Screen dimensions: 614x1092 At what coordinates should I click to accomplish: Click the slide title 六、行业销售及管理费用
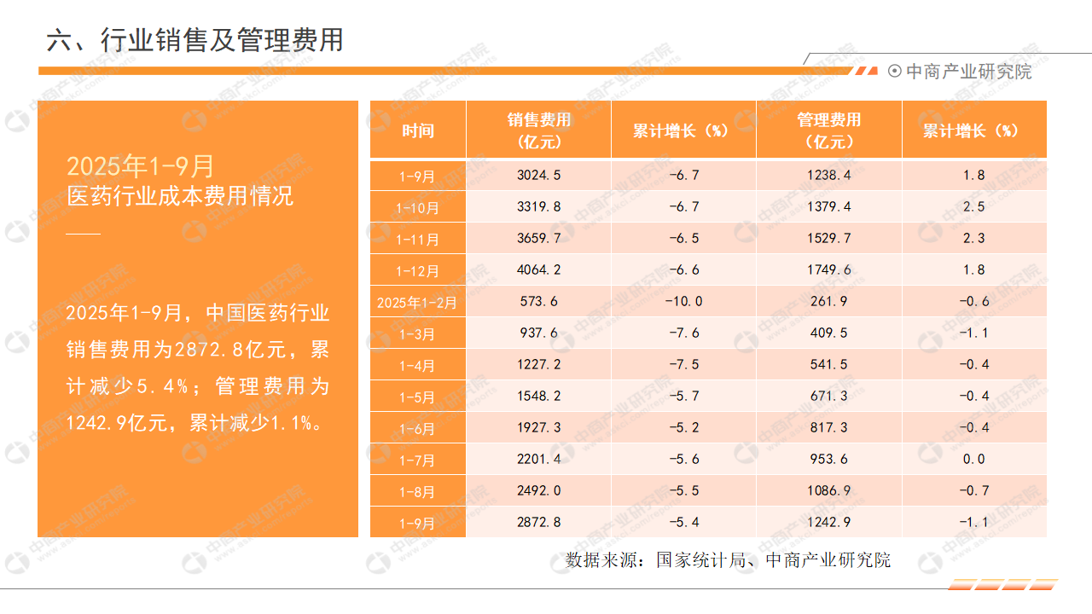pos(195,40)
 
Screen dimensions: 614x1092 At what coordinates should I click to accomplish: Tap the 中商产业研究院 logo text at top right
pos(968,72)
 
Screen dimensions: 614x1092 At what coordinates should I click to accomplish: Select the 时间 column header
pos(418,130)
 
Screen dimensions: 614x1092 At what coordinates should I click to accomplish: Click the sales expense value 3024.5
pos(539,176)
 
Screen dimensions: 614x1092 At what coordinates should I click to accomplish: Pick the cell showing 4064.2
pos(539,270)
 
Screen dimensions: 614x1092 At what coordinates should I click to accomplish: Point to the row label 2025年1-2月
pos(417,302)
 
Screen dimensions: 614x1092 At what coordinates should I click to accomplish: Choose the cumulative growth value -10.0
pos(684,302)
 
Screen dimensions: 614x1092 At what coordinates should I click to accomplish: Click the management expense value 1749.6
pos(829,270)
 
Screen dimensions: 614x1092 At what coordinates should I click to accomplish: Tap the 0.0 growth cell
pos(974,460)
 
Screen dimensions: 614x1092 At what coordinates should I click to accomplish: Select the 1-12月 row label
pos(417,271)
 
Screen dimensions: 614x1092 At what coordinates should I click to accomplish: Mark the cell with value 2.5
pos(974,207)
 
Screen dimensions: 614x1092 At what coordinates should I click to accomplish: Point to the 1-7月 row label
pos(417,460)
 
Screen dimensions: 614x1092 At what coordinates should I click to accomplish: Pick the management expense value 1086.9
pos(829,491)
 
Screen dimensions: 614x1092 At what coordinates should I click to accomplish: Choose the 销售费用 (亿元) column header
pos(539,130)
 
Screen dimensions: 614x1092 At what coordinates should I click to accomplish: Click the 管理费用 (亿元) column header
pos(829,130)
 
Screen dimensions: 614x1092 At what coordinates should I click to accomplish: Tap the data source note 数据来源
pos(728,560)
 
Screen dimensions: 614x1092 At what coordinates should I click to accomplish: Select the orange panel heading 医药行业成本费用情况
pos(180,196)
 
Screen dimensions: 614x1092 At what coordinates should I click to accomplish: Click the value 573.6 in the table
pos(539,302)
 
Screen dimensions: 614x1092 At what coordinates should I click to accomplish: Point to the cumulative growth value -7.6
pos(684,333)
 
